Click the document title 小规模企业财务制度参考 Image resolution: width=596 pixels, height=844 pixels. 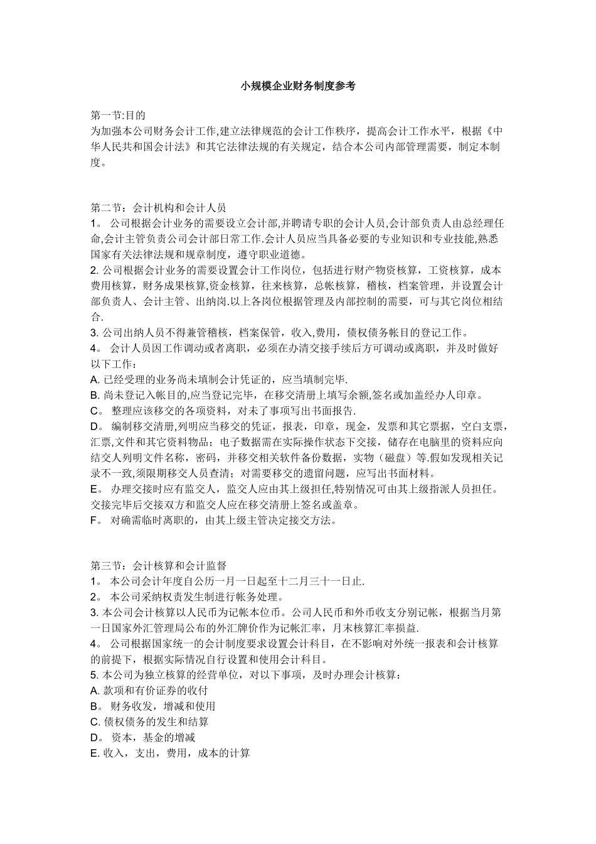pyautogui.click(x=298, y=87)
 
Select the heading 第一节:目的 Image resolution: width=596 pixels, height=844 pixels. pyautogui.click(x=119, y=116)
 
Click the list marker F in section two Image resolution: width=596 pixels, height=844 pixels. pyautogui.click(x=95, y=521)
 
